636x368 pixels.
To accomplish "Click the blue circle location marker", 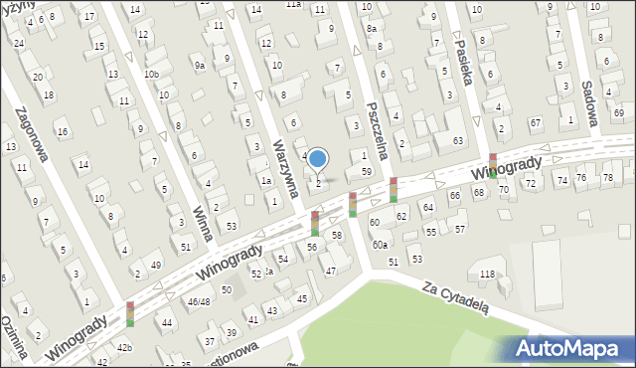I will point(318,158).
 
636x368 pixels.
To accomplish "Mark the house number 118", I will point(487,274).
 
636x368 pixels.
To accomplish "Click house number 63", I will point(458,141).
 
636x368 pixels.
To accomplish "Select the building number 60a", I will point(380,245).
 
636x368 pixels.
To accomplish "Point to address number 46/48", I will point(199,300).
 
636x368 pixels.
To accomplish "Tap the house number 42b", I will point(124,347).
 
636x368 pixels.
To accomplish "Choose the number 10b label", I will point(151,75).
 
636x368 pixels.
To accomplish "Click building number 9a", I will point(200,66).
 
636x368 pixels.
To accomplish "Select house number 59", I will point(367,172).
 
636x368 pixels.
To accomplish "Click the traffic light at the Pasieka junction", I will point(492,164).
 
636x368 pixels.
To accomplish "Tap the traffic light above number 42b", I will point(129,314).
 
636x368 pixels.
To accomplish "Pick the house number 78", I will point(607,177).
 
